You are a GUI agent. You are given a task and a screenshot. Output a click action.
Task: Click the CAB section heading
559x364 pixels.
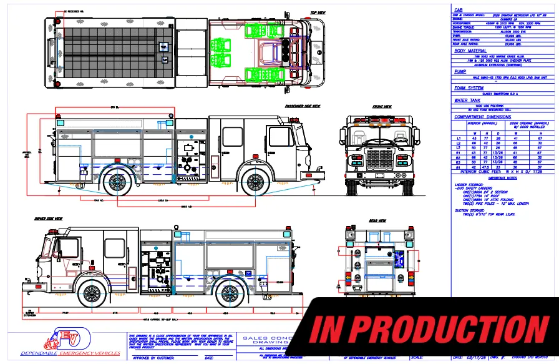[x=458, y=10]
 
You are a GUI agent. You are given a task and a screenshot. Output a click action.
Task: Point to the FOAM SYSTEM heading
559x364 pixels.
[x=469, y=88]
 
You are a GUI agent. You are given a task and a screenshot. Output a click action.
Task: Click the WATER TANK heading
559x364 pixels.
[x=467, y=100]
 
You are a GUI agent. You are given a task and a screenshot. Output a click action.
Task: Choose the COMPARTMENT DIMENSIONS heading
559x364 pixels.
[x=482, y=117]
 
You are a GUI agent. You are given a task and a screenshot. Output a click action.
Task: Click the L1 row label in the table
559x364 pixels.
[x=459, y=138]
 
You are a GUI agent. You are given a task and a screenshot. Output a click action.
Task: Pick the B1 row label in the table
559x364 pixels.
[x=459, y=167]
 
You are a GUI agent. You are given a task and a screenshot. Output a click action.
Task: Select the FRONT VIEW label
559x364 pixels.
[x=381, y=107]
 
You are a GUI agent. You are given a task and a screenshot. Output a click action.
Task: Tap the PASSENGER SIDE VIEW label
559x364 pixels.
[x=303, y=106]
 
